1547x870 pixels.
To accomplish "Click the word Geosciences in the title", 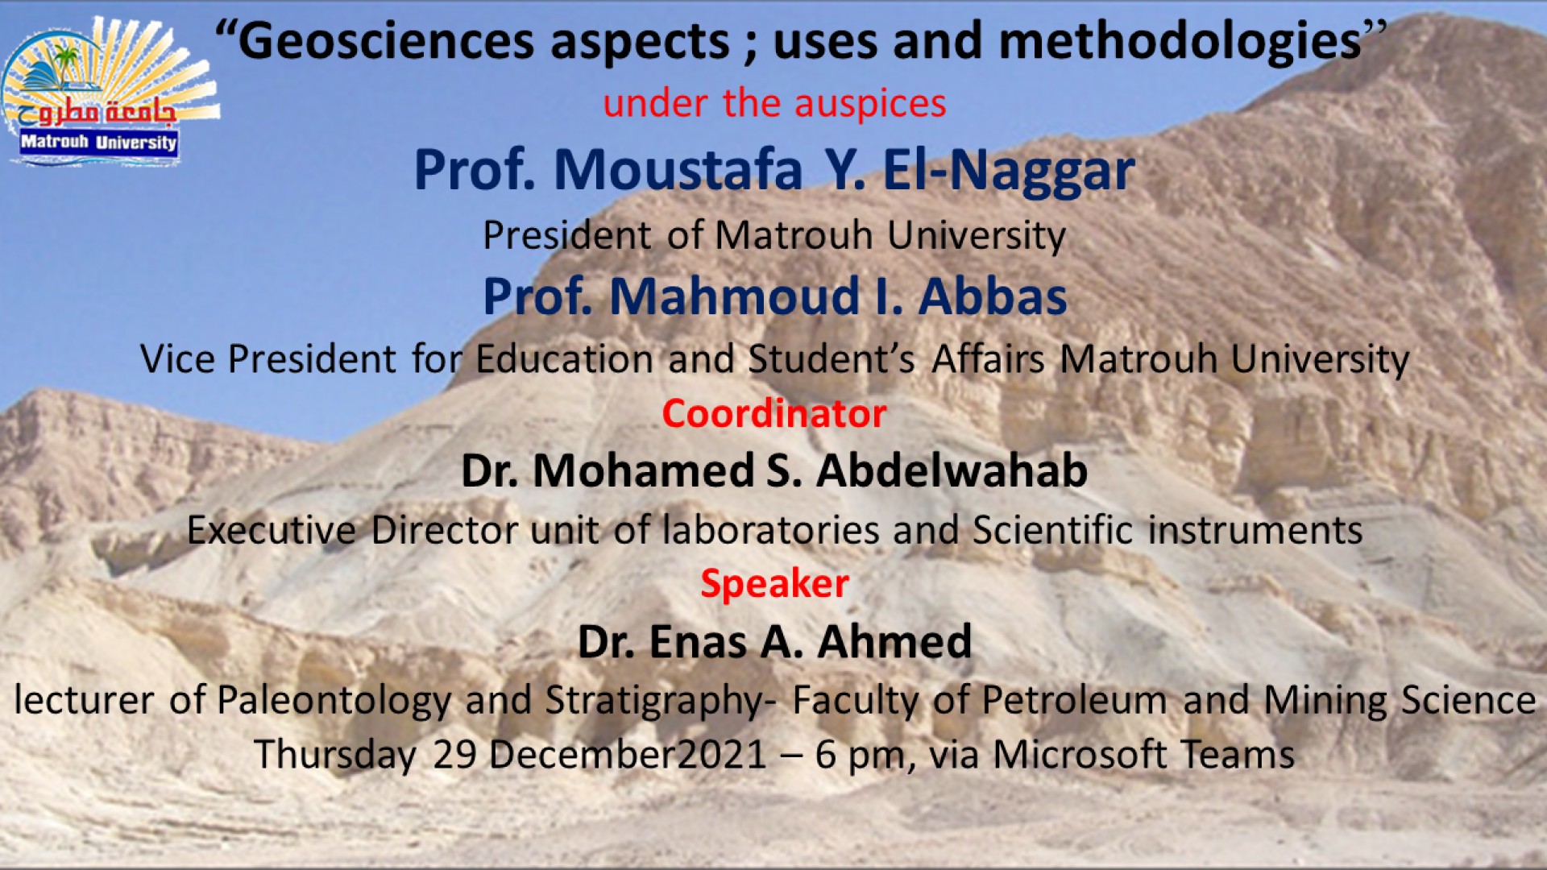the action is [386, 42].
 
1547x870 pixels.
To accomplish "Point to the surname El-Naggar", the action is [1008, 172].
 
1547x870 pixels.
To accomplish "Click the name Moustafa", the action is [678, 170].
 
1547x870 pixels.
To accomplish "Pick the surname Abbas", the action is [993, 296].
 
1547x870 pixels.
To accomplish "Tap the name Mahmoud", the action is [735, 296].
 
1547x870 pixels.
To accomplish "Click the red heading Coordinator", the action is [774, 414].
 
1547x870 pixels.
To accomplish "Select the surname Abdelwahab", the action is [952, 470].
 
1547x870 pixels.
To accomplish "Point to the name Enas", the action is [698, 643].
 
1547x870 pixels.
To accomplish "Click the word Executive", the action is [272, 531].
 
